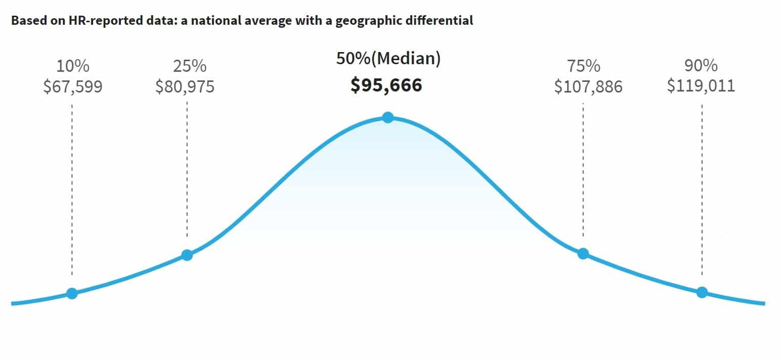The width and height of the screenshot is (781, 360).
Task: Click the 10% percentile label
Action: [x=73, y=66]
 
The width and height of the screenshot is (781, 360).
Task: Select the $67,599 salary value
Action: [x=73, y=86]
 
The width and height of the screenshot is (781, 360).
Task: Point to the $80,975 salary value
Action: [x=185, y=86]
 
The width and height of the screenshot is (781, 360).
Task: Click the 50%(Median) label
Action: [x=388, y=59]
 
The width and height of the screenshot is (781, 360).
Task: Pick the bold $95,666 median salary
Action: [x=386, y=85]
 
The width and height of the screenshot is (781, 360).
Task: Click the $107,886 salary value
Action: [x=588, y=86]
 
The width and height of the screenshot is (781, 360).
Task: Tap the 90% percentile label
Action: [x=701, y=66]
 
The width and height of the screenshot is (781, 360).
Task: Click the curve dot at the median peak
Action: [x=387, y=118]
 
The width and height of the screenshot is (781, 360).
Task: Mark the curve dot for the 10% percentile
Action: [x=72, y=293]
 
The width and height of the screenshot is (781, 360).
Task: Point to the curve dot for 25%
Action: [x=187, y=255]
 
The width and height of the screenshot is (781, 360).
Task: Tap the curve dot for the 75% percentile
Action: [x=583, y=253]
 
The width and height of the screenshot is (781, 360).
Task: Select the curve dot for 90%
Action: [x=702, y=292]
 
